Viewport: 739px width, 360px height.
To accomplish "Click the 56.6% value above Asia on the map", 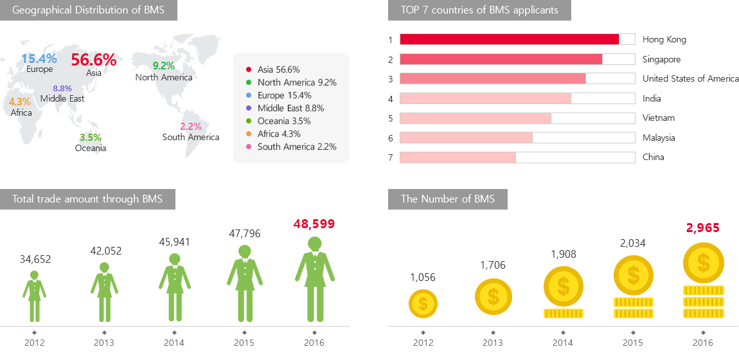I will [x=94, y=60].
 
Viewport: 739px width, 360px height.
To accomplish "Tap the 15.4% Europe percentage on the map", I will [x=39, y=59].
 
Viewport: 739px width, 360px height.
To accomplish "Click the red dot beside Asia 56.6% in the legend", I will [x=248, y=69].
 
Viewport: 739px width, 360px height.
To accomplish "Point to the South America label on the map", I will [x=191, y=137].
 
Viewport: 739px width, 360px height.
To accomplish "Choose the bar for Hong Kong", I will [x=509, y=39].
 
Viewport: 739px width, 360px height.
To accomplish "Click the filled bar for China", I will [x=458, y=157].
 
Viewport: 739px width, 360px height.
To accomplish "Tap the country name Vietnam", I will [x=658, y=118].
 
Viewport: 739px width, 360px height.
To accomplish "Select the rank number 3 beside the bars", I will [x=390, y=79].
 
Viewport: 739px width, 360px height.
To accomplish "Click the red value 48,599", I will [x=314, y=224].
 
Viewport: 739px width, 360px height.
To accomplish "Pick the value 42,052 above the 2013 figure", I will [x=105, y=251].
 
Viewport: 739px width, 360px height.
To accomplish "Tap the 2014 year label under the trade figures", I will [x=174, y=343].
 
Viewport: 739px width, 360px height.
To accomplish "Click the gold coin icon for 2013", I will [x=493, y=297].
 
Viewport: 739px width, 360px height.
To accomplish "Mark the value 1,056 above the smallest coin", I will [x=423, y=277].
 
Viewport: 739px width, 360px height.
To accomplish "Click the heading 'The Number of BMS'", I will [x=447, y=199].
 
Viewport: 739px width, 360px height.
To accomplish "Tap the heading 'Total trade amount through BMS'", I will [x=87, y=199].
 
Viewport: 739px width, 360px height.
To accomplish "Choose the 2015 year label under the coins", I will [x=633, y=343].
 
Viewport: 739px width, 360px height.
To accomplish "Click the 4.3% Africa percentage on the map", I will [x=19, y=102].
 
